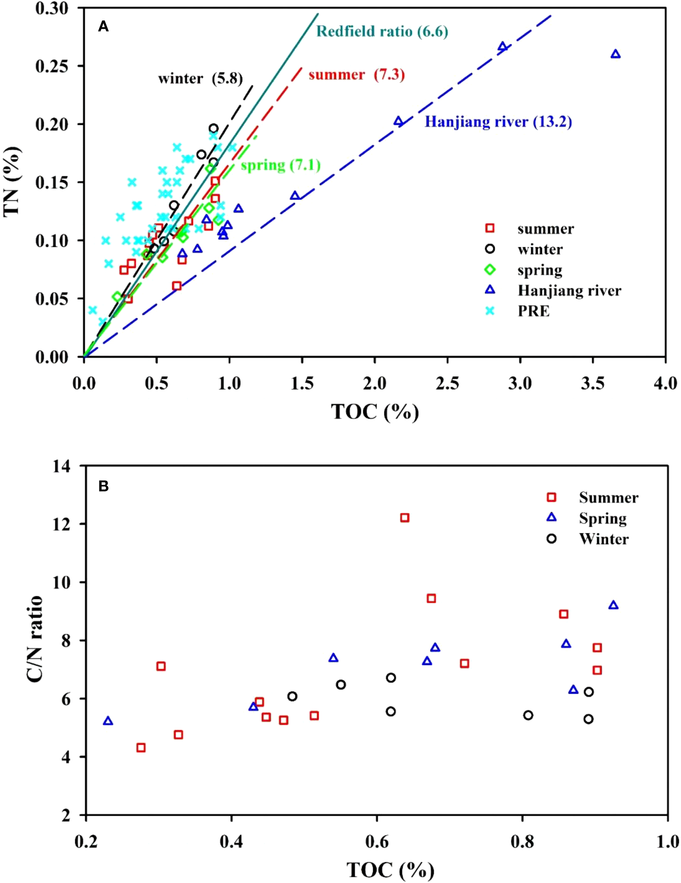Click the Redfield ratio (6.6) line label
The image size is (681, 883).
(382, 31)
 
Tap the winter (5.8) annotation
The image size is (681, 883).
(200, 79)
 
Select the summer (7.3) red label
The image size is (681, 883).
(356, 75)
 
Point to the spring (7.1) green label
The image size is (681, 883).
(280, 165)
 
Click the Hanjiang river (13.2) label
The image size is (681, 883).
(498, 122)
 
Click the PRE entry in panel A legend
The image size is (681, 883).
(533, 311)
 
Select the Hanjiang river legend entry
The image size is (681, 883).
(569, 291)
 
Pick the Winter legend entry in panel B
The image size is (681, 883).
(603, 539)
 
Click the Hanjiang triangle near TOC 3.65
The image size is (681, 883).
(615, 54)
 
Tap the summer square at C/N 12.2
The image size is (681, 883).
(405, 518)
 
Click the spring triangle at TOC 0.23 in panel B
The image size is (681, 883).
(108, 721)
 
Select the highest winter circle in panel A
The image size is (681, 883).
(213, 129)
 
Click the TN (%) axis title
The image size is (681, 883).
(12, 182)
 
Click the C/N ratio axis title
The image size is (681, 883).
(35, 639)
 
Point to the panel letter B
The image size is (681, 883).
(104, 486)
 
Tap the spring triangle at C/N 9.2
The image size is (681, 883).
(613, 605)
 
